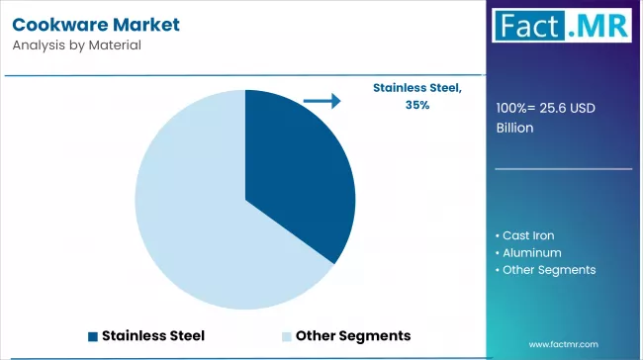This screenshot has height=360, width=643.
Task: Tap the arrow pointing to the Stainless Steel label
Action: [321, 101]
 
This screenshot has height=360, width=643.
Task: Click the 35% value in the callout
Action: [417, 105]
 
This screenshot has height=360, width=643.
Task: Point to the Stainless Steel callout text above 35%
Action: [417, 88]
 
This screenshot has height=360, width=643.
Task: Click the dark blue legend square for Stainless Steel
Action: [93, 336]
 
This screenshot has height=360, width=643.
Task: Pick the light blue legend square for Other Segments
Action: [287, 336]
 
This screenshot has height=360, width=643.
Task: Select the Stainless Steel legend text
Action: [153, 336]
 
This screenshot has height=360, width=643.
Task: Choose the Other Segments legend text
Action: [353, 336]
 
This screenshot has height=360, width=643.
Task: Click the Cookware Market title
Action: [96, 25]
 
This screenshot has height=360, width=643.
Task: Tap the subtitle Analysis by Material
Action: [77, 45]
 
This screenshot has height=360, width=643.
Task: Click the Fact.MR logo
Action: [562, 26]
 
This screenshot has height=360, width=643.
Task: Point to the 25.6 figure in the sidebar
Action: [552, 108]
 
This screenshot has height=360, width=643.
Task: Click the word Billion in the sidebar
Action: [514, 128]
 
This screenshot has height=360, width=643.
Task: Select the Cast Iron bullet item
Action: [525, 235]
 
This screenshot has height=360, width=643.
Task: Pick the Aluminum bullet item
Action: [528, 253]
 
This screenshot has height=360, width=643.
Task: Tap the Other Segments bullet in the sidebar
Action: [545, 270]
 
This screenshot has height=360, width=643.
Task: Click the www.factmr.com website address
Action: [564, 344]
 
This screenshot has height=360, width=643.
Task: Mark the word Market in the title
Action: [146, 25]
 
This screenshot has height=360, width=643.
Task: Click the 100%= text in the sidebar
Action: [515, 108]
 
